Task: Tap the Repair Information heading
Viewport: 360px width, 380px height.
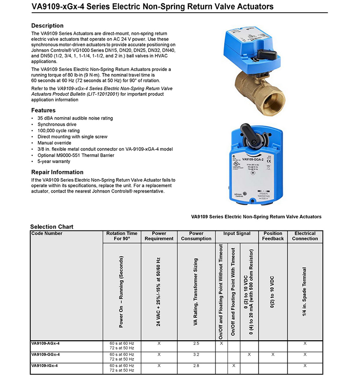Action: tap(57, 172)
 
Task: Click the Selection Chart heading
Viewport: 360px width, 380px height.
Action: tap(52, 227)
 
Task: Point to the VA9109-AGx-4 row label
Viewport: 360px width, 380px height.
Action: tap(45, 344)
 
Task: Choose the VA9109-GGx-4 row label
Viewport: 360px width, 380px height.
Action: tap(45, 354)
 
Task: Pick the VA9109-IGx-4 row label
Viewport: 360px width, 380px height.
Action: tap(44, 365)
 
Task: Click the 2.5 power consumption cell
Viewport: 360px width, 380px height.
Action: tap(196, 344)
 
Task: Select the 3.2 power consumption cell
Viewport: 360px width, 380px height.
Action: tap(196, 354)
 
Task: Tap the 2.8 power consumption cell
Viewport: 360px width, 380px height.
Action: tap(196, 365)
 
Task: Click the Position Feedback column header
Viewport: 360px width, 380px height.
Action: tap(273, 236)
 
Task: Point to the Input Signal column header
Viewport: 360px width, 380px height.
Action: tap(237, 234)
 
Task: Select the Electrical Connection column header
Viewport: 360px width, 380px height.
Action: tap(305, 236)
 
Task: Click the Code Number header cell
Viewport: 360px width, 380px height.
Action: tap(47, 234)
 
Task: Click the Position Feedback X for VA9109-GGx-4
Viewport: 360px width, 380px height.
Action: tap(273, 354)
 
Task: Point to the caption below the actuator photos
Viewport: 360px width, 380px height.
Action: tap(256, 217)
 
